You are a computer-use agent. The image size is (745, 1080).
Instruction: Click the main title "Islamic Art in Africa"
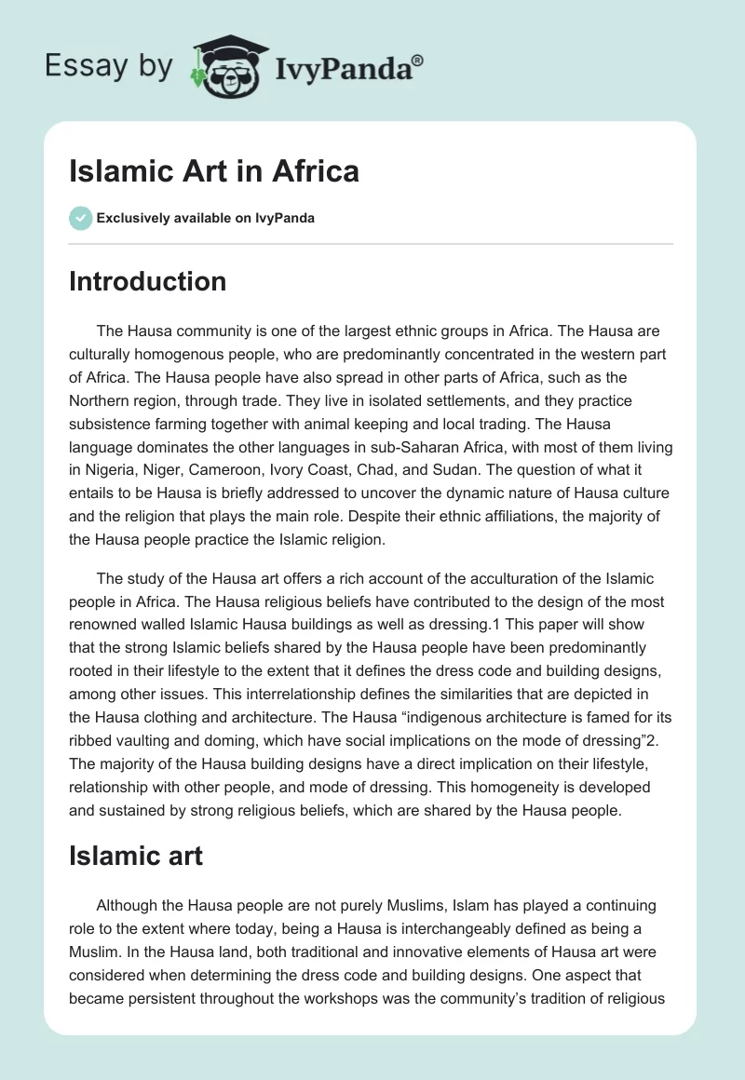tap(214, 171)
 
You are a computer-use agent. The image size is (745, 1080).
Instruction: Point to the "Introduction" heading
tap(147, 281)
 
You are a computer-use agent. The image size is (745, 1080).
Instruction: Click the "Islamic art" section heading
tap(136, 856)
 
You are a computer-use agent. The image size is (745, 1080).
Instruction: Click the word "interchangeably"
tap(386, 928)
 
